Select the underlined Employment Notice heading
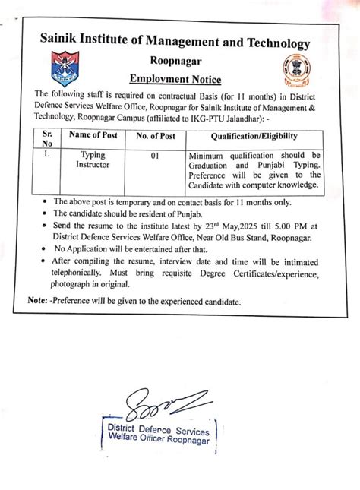[178, 79]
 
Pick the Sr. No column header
[47, 140]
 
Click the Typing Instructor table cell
[93, 158]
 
